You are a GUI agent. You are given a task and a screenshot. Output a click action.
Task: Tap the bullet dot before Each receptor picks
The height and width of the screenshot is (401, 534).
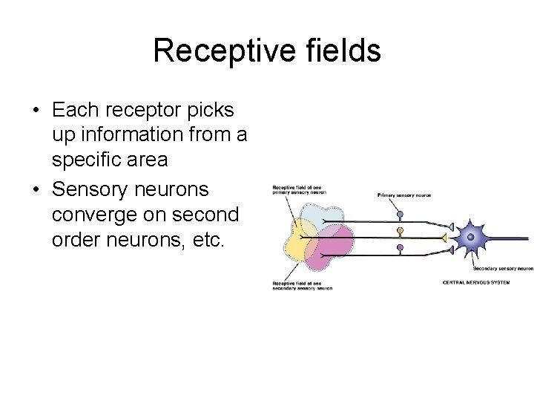(x=36, y=111)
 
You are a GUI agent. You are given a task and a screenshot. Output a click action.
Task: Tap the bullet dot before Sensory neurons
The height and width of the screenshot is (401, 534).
(x=36, y=189)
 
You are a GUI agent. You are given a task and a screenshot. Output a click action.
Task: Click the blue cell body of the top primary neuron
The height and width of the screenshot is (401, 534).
(x=400, y=215)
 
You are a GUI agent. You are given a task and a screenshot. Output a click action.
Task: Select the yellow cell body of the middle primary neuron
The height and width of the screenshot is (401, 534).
(x=400, y=231)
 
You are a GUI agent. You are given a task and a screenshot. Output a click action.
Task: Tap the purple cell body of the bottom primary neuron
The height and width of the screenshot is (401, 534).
(x=400, y=247)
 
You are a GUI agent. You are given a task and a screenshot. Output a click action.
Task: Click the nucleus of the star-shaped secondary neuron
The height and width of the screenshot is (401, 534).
(x=469, y=238)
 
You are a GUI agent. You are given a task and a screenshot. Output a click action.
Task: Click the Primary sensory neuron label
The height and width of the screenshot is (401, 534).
(x=404, y=195)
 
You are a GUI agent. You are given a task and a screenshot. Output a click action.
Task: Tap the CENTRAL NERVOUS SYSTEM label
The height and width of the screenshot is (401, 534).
(x=475, y=282)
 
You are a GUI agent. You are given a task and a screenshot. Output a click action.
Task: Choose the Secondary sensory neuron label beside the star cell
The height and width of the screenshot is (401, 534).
(x=503, y=269)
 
